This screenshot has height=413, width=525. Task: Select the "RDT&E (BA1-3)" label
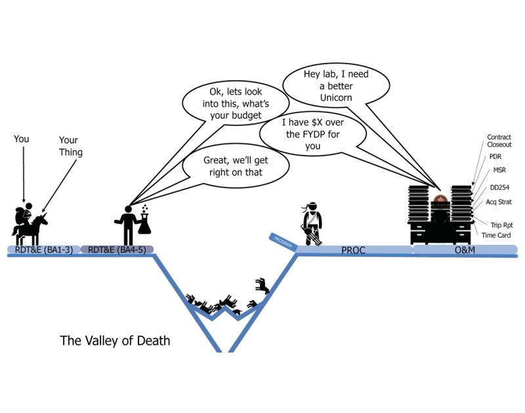coord(43,250)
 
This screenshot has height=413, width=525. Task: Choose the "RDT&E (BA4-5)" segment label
coord(117,250)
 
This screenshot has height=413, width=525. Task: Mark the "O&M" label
coord(464,250)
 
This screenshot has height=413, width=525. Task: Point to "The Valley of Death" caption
coord(115,341)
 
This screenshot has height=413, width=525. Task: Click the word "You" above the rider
coord(23,140)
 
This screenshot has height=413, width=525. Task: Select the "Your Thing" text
coord(70,146)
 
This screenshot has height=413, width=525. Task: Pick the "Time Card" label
coord(495,235)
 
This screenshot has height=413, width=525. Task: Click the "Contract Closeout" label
coord(499,141)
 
